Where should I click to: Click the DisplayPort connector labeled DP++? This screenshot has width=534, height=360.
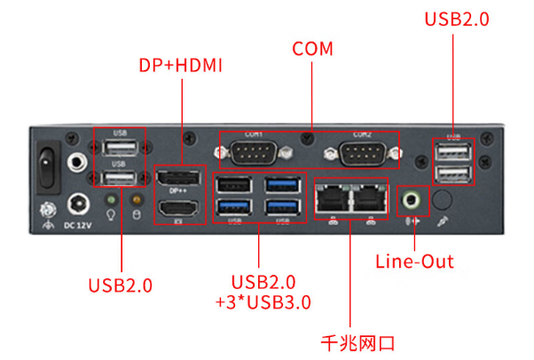point(180,181)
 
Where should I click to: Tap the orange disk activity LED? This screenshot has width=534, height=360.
point(137,200)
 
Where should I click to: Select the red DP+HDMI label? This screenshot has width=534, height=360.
point(180,67)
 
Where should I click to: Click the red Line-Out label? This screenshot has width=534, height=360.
point(414,262)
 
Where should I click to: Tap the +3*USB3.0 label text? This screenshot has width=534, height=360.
point(263,302)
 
